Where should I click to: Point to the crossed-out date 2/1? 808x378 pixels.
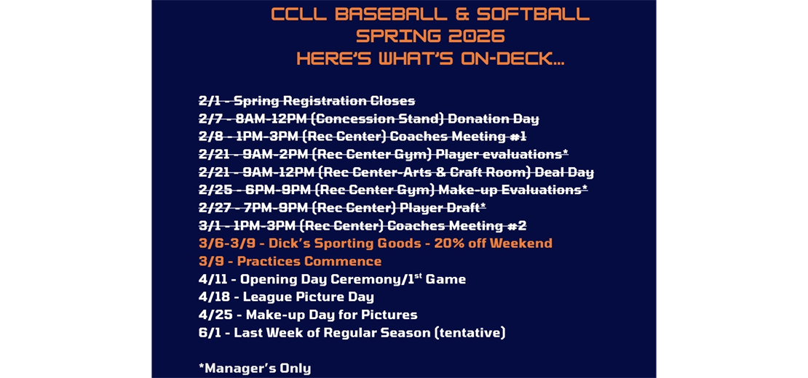click(210, 101)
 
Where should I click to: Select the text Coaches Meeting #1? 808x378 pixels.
click(458, 137)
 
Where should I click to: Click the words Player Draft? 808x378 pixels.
click(440, 208)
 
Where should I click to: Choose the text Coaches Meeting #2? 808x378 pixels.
click(456, 225)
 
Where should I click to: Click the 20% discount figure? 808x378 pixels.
click(449, 244)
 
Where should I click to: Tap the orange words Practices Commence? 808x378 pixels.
click(309, 261)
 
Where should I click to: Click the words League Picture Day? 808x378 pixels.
click(308, 297)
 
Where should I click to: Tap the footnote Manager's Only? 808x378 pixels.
click(256, 368)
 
